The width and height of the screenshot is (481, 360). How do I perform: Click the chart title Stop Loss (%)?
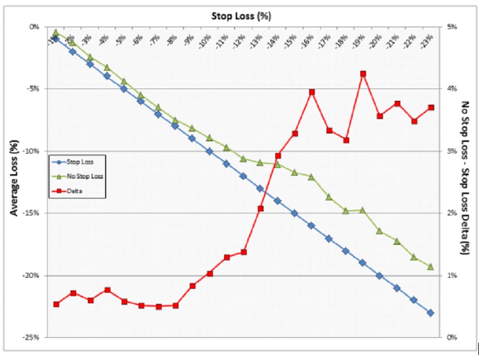241,16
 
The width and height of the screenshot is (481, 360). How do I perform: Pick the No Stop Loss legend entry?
85,176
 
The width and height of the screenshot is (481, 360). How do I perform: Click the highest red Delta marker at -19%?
363,73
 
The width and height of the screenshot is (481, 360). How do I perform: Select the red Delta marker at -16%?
312,92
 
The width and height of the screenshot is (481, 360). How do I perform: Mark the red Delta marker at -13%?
261,209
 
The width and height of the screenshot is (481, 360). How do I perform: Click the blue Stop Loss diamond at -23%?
431,313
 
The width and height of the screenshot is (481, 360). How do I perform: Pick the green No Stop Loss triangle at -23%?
431,267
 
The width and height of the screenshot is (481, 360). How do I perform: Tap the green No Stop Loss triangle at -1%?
56,33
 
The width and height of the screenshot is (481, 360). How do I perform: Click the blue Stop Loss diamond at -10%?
210,151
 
